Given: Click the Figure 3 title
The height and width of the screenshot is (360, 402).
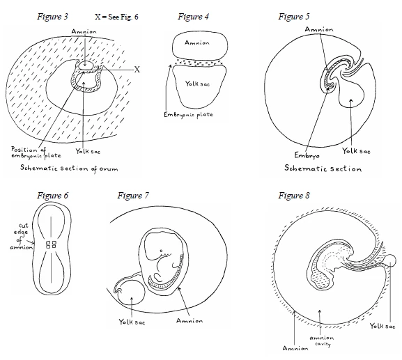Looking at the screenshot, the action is pyautogui.click(x=52, y=17).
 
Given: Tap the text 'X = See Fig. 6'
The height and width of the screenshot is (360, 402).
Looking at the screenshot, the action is pyautogui.click(x=116, y=17).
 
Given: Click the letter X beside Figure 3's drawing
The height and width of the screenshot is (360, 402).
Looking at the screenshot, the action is pyautogui.click(x=137, y=70).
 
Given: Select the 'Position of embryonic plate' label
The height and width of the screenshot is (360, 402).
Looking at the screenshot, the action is pyautogui.click(x=36, y=152).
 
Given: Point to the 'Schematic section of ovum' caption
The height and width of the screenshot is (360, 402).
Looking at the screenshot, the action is pyautogui.click(x=69, y=169).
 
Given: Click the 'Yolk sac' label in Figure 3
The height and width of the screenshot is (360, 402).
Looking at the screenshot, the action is pyautogui.click(x=88, y=151).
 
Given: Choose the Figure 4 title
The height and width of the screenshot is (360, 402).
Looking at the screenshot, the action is pyautogui.click(x=193, y=17).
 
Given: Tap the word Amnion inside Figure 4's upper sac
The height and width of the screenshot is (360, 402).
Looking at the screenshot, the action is pyautogui.click(x=197, y=42).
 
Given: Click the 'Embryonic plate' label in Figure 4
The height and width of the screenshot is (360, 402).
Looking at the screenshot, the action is pyautogui.click(x=188, y=115).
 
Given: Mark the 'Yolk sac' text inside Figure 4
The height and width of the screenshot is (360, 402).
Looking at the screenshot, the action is pyautogui.click(x=197, y=84).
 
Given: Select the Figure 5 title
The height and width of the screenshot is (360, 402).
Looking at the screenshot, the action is pyautogui.click(x=294, y=17).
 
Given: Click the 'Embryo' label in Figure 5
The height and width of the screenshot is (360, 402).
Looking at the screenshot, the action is pyautogui.click(x=307, y=155).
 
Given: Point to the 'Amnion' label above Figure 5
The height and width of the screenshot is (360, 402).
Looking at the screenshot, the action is pyautogui.click(x=319, y=29).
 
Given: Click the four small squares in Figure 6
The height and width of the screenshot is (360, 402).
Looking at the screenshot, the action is pyautogui.click(x=51, y=244).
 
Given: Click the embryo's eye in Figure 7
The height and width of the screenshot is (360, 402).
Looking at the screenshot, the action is pyautogui.click(x=161, y=251).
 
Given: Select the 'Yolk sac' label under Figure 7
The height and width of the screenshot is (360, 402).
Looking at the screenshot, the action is pyautogui.click(x=132, y=322).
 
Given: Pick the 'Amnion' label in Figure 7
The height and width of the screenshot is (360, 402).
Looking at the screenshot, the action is pyautogui.click(x=190, y=320).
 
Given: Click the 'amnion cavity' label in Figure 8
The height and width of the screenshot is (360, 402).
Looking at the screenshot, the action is pyautogui.click(x=322, y=341).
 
